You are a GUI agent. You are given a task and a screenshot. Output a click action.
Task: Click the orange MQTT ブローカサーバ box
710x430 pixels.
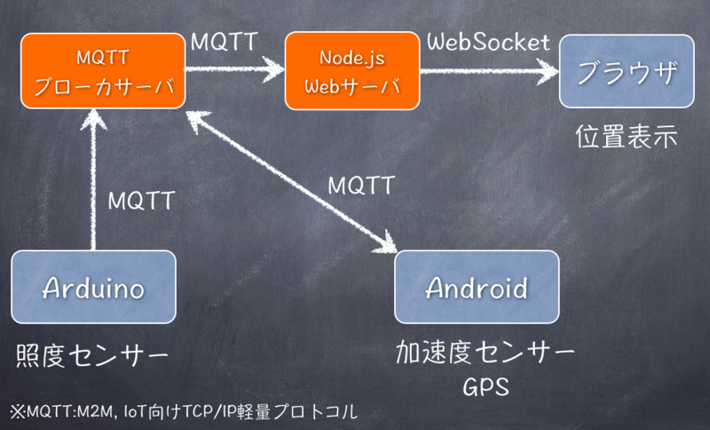(103, 71)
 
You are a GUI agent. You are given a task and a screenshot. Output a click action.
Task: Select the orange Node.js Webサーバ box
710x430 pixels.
(352, 71)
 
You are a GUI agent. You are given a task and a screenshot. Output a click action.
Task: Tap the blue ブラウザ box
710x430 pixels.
(627, 71)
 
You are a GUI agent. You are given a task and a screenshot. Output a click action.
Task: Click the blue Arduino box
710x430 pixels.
(93, 287)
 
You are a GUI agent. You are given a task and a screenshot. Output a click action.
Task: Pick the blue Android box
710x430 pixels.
(477, 287)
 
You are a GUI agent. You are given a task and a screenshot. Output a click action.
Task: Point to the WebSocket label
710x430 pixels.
(489, 43)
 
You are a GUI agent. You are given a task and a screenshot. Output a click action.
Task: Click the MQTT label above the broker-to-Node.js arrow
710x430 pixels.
(225, 42)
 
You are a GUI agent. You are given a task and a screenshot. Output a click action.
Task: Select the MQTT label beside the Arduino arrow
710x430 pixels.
(141, 201)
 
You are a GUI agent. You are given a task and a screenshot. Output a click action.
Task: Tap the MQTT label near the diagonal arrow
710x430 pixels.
(361, 186)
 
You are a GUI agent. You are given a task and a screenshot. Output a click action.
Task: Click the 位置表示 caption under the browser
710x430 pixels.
(627, 137)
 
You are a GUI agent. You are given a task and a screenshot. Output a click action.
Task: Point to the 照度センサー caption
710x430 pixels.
(92, 355)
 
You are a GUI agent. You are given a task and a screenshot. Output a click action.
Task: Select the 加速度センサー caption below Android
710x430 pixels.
(485, 353)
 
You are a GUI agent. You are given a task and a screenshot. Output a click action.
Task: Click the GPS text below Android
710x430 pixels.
(485, 387)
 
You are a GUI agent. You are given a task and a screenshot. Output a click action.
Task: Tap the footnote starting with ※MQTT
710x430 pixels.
(184, 411)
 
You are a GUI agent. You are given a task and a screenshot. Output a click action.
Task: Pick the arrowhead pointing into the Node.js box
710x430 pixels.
(273, 69)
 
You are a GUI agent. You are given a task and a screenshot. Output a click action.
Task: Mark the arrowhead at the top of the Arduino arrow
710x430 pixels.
(93, 120)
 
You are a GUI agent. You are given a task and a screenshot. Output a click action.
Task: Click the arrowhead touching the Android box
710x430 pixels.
(385, 243)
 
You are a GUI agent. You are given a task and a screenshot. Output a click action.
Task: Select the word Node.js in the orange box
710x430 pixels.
(352, 58)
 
